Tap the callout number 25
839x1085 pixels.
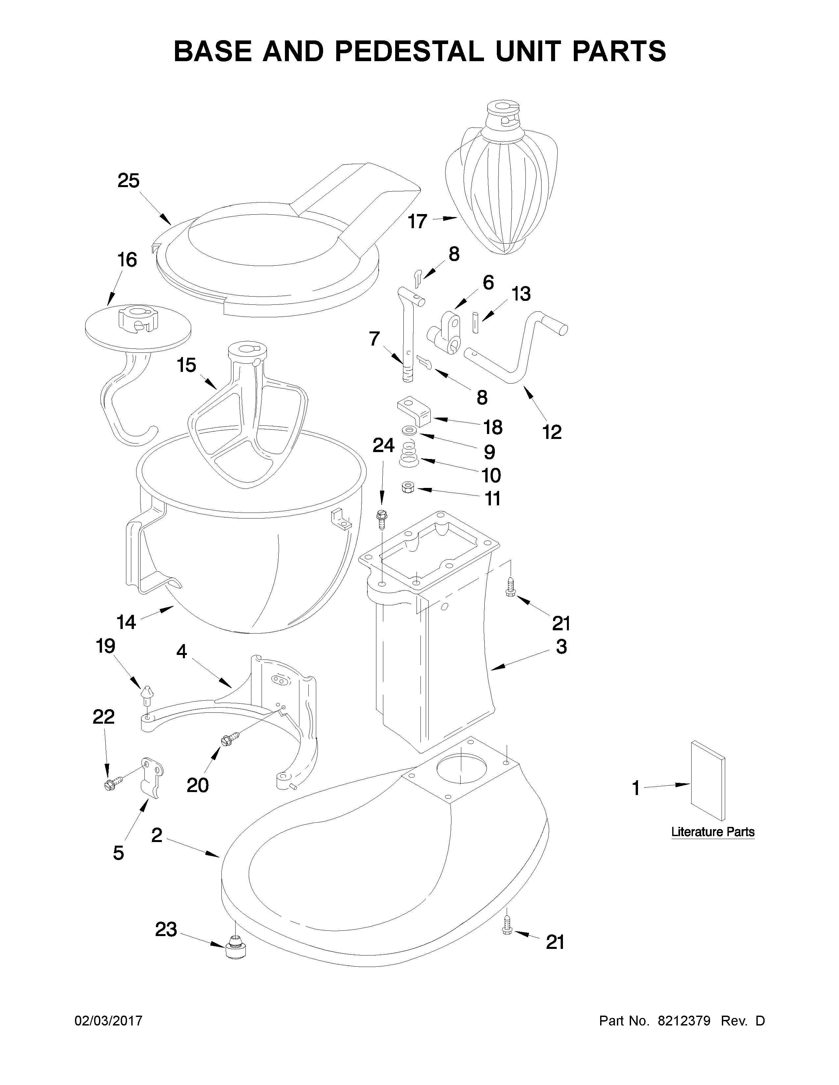tap(128, 181)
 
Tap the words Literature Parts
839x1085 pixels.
tap(712, 832)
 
